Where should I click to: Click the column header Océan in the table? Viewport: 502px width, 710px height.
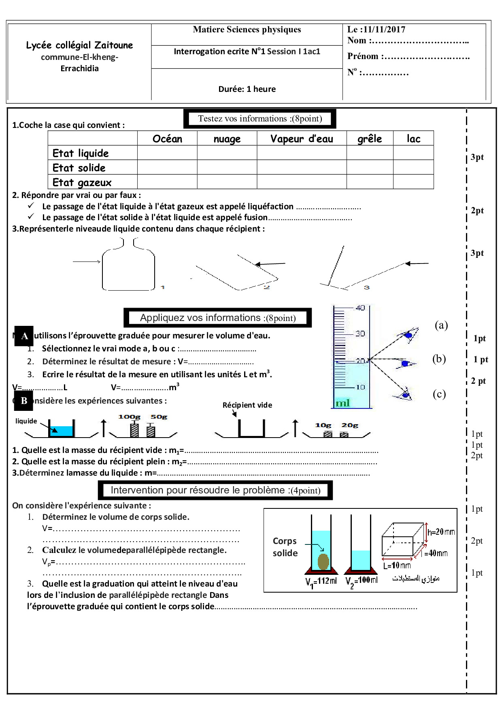tap(167, 139)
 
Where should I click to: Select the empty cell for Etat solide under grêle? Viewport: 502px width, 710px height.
tap(370, 167)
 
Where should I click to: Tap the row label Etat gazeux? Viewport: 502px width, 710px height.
tap(82, 183)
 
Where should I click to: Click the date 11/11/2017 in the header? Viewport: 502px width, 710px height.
tap(384, 29)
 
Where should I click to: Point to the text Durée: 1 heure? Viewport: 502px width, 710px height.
tap(247, 89)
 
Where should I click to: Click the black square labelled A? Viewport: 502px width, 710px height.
tap(24, 336)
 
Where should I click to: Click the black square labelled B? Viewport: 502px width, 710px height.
tap(23, 401)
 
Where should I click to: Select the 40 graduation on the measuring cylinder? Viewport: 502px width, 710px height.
tap(360, 308)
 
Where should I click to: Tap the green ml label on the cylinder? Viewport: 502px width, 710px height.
tap(342, 403)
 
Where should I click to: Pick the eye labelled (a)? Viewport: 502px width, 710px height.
tap(409, 335)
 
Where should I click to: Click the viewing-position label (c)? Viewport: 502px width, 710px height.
tap(439, 394)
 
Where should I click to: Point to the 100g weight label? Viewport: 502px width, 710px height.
tap(129, 417)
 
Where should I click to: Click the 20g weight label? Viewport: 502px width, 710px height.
tap(350, 425)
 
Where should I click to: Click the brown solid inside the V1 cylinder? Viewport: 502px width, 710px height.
tap(323, 561)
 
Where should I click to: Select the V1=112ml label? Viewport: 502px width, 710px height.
tap(321, 581)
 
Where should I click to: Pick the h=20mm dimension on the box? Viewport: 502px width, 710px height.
tap(441, 531)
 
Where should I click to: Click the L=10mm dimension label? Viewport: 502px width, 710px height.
tap(397, 565)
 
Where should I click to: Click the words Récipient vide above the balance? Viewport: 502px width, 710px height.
tap(247, 405)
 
